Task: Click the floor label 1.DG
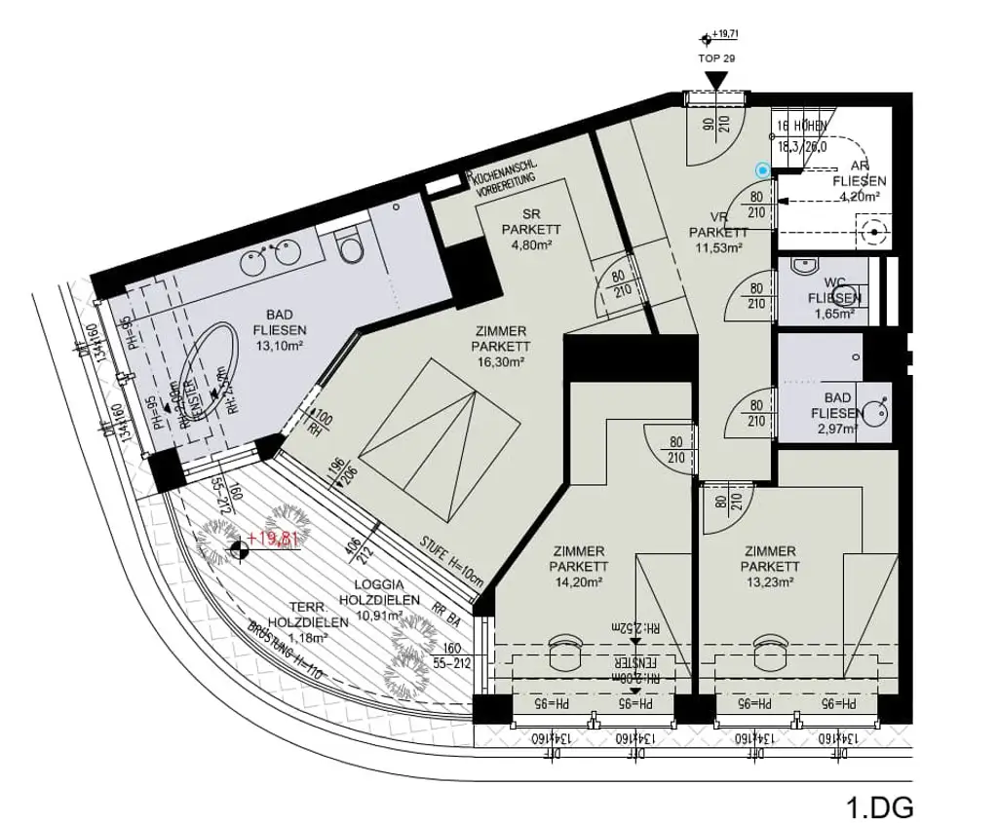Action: pos(880,807)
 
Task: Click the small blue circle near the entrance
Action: pos(762,170)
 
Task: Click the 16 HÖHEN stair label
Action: pos(801,127)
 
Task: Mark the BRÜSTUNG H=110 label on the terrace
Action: pos(284,652)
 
